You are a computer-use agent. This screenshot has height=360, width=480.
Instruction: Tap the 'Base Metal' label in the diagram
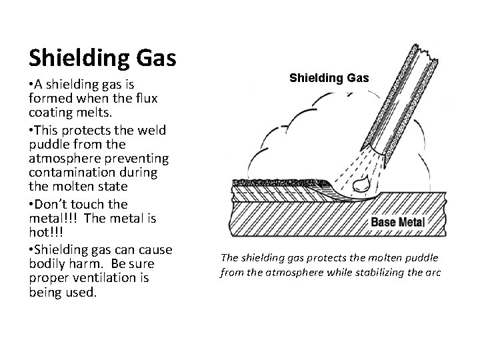(x=397, y=221)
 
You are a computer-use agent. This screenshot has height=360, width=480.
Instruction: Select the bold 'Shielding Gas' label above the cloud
(x=329, y=79)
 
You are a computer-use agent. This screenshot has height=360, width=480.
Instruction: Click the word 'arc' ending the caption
(x=433, y=272)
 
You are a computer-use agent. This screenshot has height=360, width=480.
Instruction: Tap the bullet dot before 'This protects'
(x=31, y=129)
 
